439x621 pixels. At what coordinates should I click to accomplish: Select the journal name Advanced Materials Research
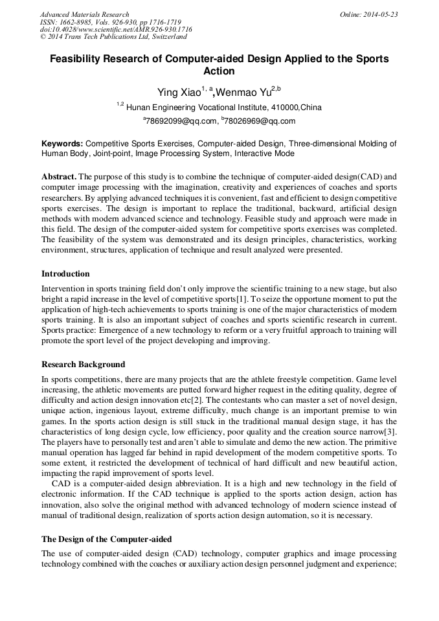tap(84, 14)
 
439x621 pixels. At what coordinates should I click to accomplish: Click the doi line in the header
tap(115, 30)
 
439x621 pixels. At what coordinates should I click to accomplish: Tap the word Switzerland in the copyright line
tap(164, 37)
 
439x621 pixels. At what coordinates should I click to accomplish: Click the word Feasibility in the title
tap(82, 59)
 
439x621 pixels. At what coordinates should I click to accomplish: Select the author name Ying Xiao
tap(179, 93)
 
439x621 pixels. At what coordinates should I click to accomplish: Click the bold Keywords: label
tap(62, 143)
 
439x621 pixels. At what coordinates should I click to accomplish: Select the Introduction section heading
tap(65, 274)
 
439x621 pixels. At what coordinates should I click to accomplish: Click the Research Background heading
tap(83, 365)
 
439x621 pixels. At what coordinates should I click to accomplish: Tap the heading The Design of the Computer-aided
tap(106, 539)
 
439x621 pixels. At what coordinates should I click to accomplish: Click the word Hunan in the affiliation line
tap(138, 107)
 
